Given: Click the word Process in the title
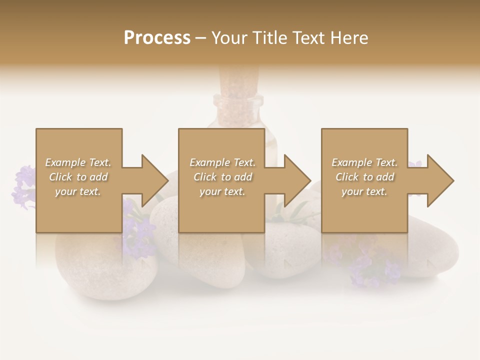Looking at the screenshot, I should click(x=157, y=37).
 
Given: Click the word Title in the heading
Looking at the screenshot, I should click(x=270, y=37).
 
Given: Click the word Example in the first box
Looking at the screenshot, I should click(x=65, y=162).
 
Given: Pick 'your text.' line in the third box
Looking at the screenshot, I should click(x=364, y=191).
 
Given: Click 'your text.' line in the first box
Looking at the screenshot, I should click(x=77, y=191).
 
